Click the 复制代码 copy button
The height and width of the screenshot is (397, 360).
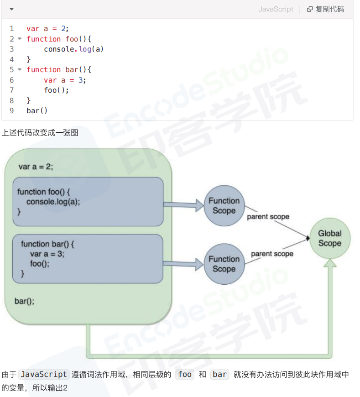tap(325, 9)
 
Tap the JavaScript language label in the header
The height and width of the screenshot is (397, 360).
tap(276, 9)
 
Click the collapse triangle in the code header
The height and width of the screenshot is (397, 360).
tap(11, 9)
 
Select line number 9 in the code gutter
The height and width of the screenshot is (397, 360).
tap(11, 110)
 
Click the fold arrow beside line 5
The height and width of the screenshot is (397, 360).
tap(20, 69)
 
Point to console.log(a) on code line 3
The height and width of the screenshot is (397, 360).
tap(73, 49)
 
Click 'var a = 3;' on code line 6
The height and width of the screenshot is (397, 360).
tap(65, 80)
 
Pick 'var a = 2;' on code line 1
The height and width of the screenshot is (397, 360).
tap(47, 29)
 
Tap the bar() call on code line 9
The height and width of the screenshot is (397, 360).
tap(37, 110)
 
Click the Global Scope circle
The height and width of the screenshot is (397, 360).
tap(329, 238)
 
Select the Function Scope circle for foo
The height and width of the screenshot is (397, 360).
tap(224, 206)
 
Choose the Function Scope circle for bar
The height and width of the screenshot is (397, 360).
tap(224, 264)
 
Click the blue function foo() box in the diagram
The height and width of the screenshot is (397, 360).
tap(88, 202)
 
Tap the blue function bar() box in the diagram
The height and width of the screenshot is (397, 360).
tap(88, 259)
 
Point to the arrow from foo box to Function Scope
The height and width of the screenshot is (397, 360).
tap(183, 205)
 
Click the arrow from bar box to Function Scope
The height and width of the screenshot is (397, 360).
tap(183, 263)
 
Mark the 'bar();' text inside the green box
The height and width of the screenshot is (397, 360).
tap(25, 301)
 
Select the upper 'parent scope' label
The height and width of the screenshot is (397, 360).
tap(268, 217)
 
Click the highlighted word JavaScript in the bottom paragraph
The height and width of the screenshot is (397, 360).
tap(44, 374)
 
